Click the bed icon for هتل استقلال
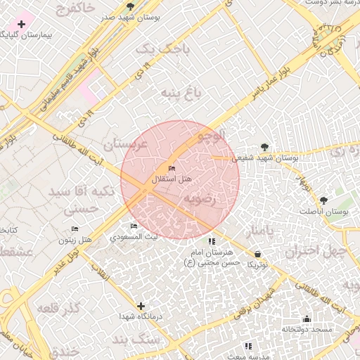pos(172,169)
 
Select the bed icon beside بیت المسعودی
pos(134,226)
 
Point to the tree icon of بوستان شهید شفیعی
pos(264,147)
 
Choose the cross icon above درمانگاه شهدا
pos(141,306)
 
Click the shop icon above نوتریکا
pos(257,254)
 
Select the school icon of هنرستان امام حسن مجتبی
pos(212,241)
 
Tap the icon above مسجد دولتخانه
pos(306,319)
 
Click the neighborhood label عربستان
pos(124,144)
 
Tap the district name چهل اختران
pos(317,250)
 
